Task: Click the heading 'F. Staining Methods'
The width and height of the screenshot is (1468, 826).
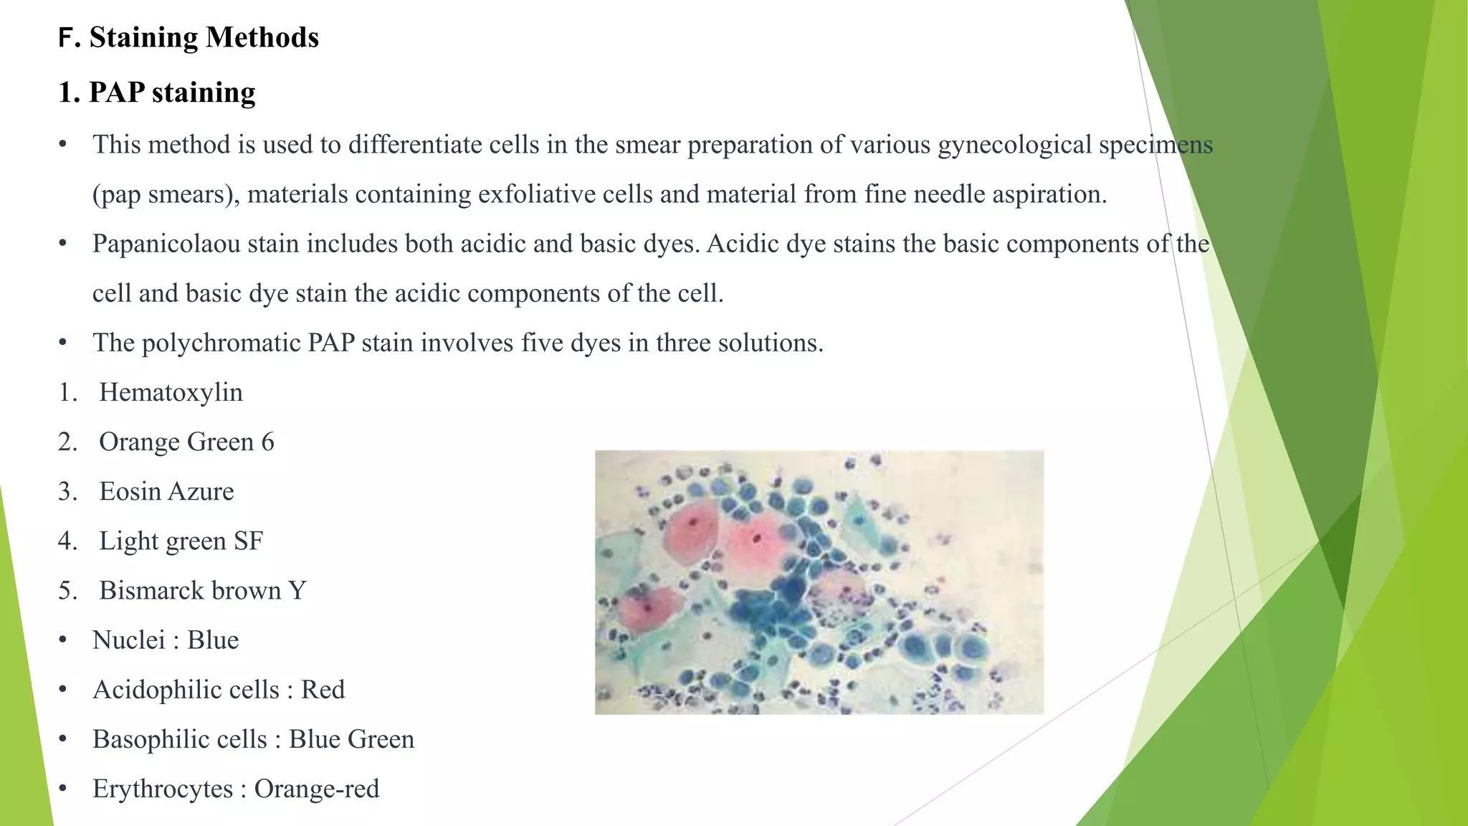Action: coord(189,37)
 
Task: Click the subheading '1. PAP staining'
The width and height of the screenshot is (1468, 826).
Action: coord(157,92)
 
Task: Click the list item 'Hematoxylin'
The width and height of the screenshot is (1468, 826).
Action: coord(171,392)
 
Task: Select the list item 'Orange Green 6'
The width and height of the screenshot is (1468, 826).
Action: coord(186,442)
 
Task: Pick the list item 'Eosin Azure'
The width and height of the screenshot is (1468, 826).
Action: coord(166,491)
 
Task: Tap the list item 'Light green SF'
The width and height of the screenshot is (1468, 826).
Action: coord(181,541)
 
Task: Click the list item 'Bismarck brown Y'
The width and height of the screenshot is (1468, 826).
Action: coord(202,590)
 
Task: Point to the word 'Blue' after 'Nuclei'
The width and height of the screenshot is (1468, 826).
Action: coord(213,640)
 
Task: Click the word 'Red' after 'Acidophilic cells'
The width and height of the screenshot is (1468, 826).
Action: coord(323,689)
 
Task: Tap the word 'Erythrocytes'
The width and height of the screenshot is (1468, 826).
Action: coord(163,789)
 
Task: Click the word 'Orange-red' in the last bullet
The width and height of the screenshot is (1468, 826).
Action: coord(317,789)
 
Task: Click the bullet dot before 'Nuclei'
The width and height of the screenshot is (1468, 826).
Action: coord(63,640)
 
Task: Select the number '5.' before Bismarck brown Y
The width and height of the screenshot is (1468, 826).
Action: coord(68,590)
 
